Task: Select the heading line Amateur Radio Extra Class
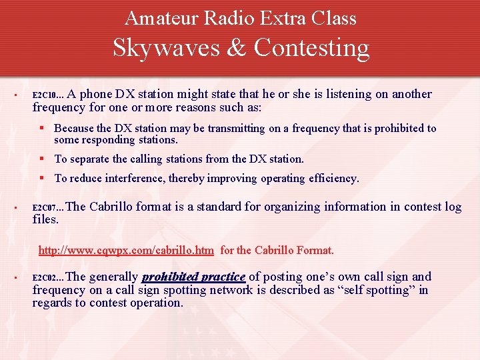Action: click(x=240, y=18)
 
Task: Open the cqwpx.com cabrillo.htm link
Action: click(x=126, y=251)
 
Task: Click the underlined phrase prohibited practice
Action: click(x=193, y=277)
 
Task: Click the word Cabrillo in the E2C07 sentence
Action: click(x=111, y=207)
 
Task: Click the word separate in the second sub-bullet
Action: click(x=91, y=159)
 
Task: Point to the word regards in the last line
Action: click(x=52, y=303)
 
